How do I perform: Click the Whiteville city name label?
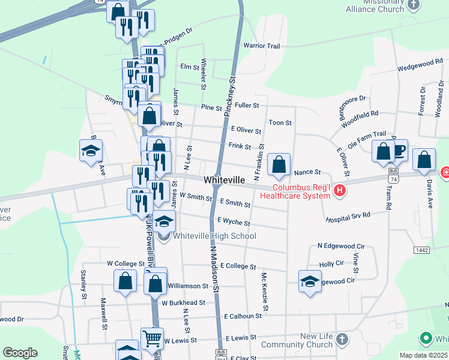coord(224,180)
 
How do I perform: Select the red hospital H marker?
coord(340,191)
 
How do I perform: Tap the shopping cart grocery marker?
coord(152,338)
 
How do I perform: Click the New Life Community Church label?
coord(305,340)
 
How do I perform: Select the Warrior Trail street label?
coord(261,46)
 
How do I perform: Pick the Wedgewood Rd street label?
coord(420,62)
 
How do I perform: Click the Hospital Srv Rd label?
coord(357,214)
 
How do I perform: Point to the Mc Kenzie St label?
coord(264,287)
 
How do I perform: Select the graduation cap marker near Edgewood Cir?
coord(310,281)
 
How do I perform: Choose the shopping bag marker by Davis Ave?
coord(424,159)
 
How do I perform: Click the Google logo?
coord(20,353)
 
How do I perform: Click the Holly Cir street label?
coord(331,263)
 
